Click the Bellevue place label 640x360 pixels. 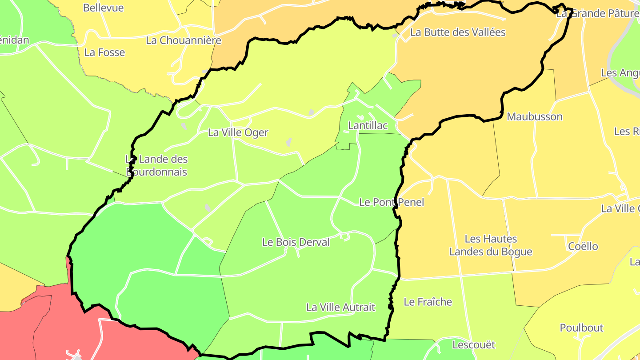tap(103, 8)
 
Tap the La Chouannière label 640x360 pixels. tap(184, 40)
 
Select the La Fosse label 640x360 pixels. tap(104, 52)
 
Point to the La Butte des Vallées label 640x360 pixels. tap(458, 32)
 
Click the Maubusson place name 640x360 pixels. tap(535, 117)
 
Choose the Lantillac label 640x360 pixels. tap(368, 126)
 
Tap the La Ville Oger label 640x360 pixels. tap(238, 132)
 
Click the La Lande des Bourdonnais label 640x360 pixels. tap(157, 165)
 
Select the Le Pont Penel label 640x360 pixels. tap(392, 202)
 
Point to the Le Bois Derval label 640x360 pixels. tap(296, 242)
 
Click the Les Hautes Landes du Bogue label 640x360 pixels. tap(491, 245)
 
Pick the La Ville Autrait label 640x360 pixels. tap(341, 307)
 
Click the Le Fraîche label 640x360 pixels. tap(428, 302)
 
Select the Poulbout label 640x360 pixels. tap(581, 328)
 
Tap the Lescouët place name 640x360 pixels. tap(474, 344)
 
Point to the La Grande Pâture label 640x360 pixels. tap(598, 13)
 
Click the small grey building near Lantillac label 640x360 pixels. tap(311, 112)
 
